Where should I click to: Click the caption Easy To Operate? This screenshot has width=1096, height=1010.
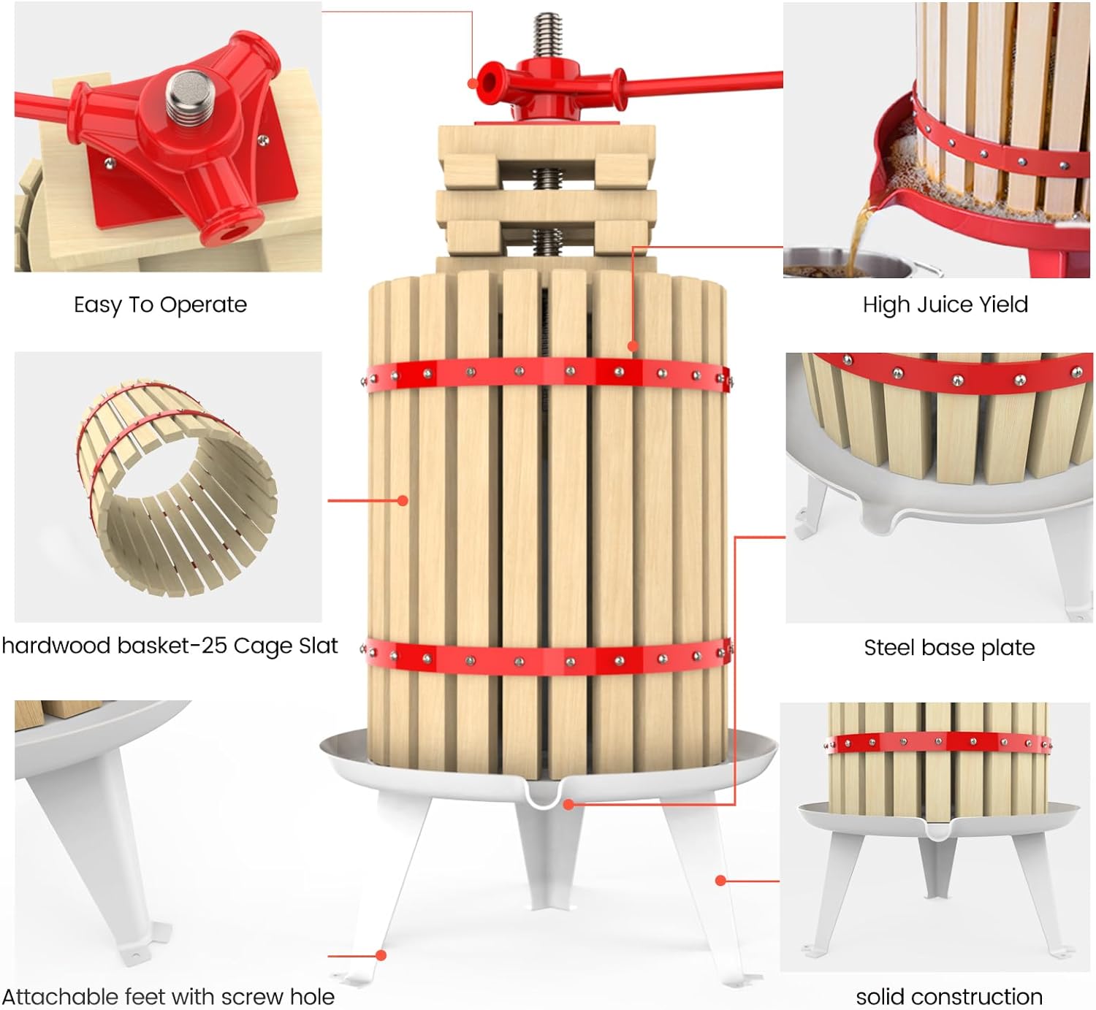click(x=161, y=305)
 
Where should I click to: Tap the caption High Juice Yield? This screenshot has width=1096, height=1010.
click(x=945, y=305)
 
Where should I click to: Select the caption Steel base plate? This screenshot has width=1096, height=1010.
click(x=949, y=648)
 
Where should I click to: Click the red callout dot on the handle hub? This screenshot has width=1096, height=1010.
click(x=473, y=84)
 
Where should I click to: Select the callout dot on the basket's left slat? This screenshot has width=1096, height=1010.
click(x=403, y=501)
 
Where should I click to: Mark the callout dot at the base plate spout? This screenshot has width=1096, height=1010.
click(x=568, y=805)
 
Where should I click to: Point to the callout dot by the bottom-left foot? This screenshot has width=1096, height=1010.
click(x=381, y=955)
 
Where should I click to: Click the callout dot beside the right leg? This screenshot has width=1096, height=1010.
click(x=720, y=881)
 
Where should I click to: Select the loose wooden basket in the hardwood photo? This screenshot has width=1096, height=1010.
click(x=177, y=488)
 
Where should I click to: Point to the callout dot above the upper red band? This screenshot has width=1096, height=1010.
click(x=633, y=346)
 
